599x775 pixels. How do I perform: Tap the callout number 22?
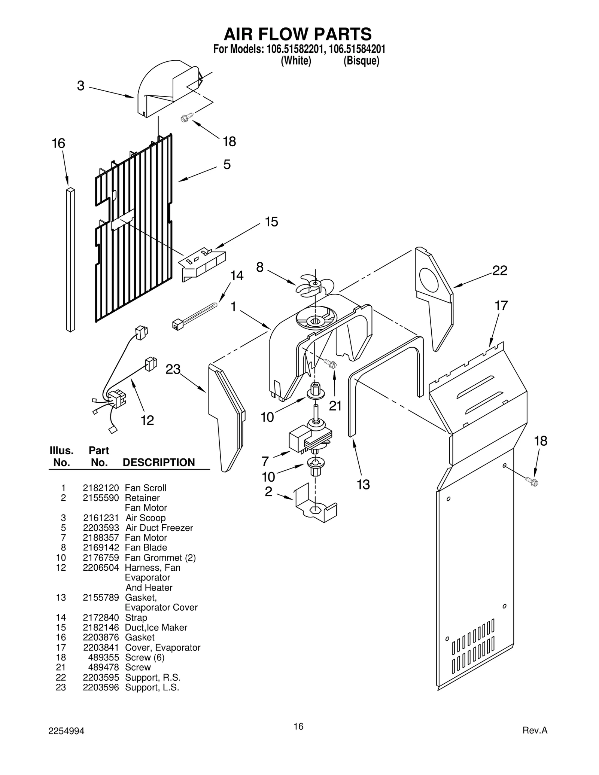click(x=499, y=270)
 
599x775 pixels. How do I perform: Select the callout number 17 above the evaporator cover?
click(x=501, y=306)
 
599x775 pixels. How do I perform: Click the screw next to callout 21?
click(x=330, y=363)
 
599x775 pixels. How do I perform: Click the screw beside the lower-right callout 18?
click(x=531, y=481)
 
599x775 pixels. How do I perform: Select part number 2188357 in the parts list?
click(x=101, y=537)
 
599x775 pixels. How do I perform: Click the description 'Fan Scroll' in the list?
click(x=146, y=488)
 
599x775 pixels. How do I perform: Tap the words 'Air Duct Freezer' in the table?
click(x=159, y=528)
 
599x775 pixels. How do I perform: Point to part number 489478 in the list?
click(x=104, y=667)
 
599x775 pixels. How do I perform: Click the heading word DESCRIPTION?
click(x=159, y=463)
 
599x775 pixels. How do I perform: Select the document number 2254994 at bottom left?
click(x=66, y=731)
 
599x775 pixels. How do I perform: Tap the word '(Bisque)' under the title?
click(x=361, y=61)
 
